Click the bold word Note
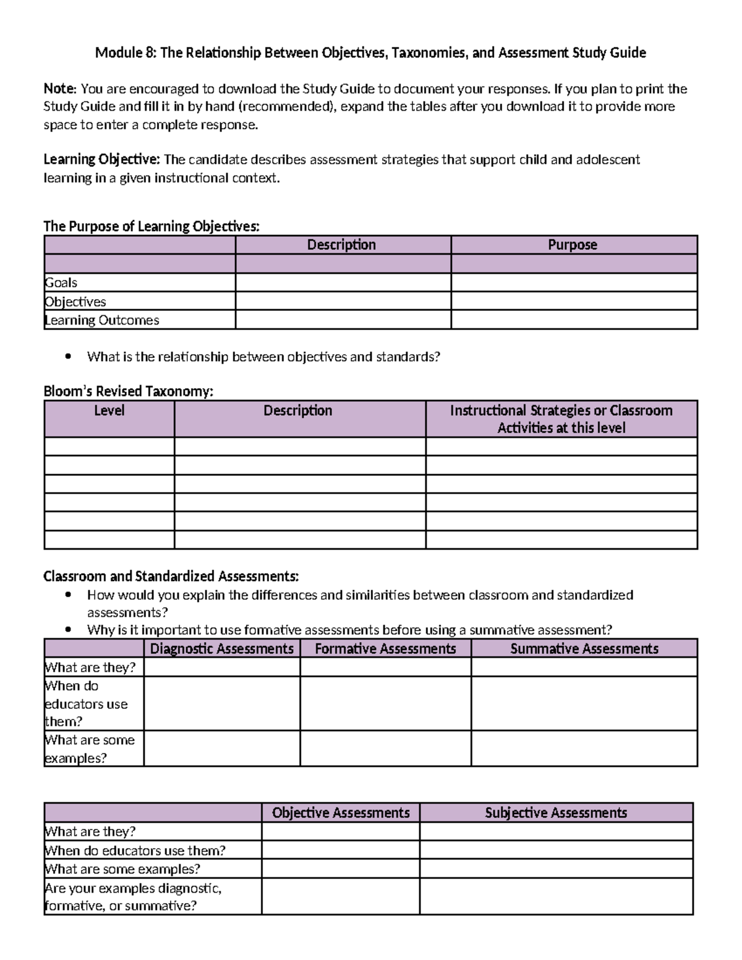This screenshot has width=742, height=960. pyautogui.click(x=59, y=89)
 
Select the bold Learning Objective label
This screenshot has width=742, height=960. pyautogui.click(x=101, y=159)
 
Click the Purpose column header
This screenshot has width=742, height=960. pyautogui.click(x=573, y=245)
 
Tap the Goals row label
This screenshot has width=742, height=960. pyautogui.click(x=61, y=283)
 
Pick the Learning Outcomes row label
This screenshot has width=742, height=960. pyautogui.click(x=102, y=320)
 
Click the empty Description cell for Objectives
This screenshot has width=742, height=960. pyautogui.click(x=343, y=302)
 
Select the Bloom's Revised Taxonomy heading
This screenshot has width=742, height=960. pyautogui.click(x=128, y=391)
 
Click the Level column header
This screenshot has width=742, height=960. pyautogui.click(x=109, y=411)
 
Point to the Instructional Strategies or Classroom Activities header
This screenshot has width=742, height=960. pyautogui.click(x=561, y=419)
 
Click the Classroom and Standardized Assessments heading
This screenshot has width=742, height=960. pyautogui.click(x=171, y=577)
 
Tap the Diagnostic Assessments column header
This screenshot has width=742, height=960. pyautogui.click(x=221, y=648)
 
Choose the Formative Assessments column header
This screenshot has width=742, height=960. pyautogui.click(x=385, y=648)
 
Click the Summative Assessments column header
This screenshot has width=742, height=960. pyautogui.click(x=584, y=648)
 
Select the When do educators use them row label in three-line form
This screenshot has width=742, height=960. pyautogui.click(x=86, y=703)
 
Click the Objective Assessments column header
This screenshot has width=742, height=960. pyautogui.click(x=341, y=813)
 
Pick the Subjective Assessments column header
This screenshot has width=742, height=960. pyautogui.click(x=556, y=813)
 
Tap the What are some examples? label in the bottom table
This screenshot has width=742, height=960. pyautogui.click(x=122, y=869)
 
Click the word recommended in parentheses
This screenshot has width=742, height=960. pyautogui.click(x=285, y=107)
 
